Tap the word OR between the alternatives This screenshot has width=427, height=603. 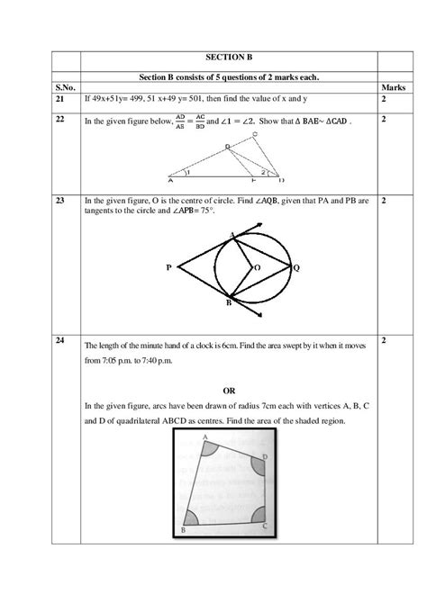(x=229, y=391)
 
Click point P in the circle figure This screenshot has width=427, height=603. (x=169, y=266)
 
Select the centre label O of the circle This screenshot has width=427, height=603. (x=257, y=267)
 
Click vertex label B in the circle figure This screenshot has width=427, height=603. (x=228, y=305)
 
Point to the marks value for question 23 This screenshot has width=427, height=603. (x=385, y=202)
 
